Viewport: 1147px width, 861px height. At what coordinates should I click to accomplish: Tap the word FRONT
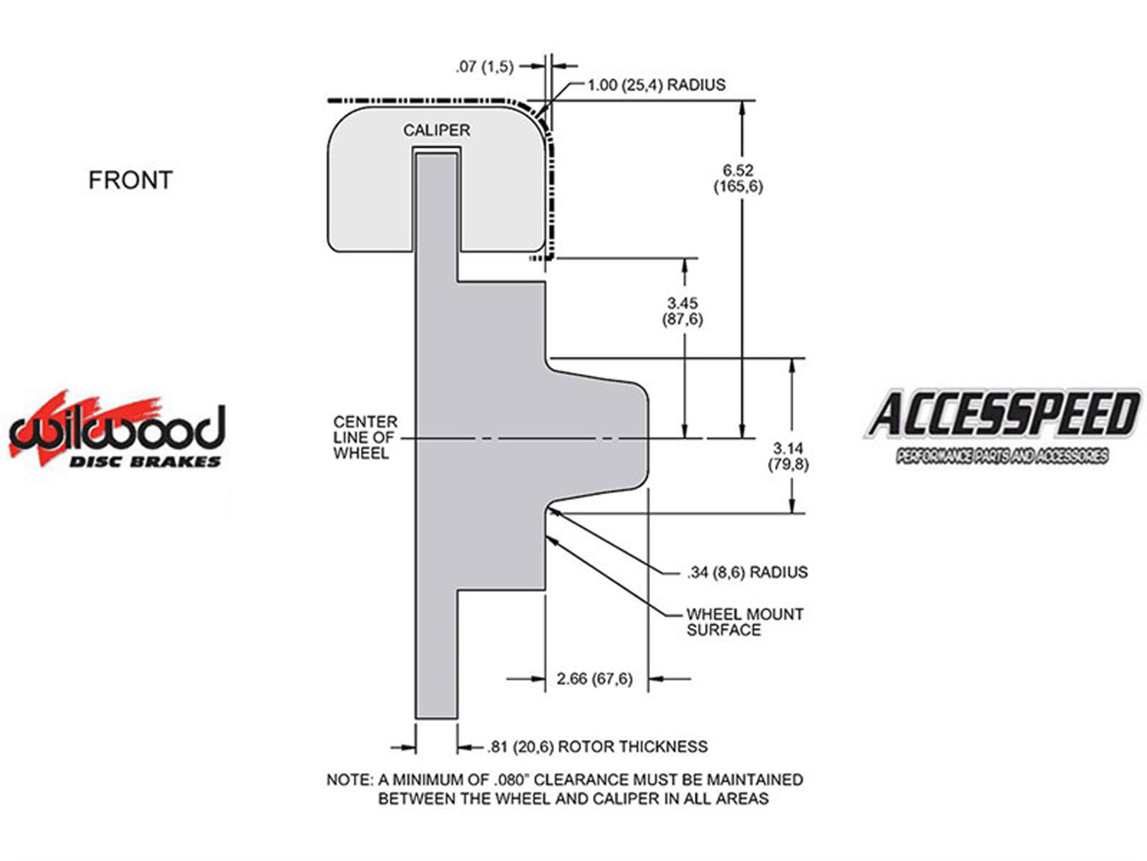[x=130, y=180]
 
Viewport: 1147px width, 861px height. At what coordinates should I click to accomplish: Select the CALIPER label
[x=437, y=130]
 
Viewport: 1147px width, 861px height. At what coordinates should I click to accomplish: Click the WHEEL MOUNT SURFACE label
[x=745, y=622]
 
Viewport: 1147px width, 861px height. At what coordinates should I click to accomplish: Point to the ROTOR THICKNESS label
[x=633, y=747]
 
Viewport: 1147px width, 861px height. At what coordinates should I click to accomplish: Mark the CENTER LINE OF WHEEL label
[x=365, y=438]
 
